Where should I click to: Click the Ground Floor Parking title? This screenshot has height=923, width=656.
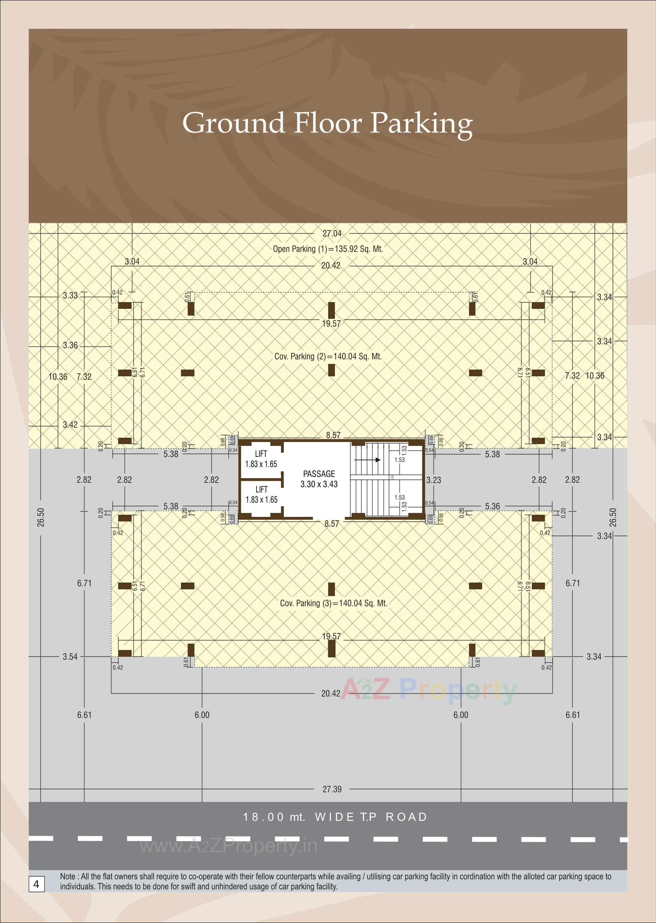(327, 123)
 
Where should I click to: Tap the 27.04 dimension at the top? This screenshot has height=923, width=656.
(332, 233)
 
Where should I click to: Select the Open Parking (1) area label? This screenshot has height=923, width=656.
(327, 249)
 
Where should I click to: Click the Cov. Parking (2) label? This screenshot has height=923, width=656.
(327, 356)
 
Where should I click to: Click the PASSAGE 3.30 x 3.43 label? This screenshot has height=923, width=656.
(319, 479)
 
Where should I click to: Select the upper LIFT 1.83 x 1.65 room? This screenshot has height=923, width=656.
(261, 459)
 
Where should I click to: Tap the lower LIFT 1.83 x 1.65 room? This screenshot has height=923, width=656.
(261, 495)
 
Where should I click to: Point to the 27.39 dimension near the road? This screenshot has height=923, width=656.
(332, 789)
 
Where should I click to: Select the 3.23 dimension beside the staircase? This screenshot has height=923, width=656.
(434, 480)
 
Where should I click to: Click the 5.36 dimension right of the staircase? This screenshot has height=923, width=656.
(492, 506)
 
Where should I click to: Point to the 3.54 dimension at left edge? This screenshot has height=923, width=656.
(70, 657)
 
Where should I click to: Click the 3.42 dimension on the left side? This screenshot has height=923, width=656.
(70, 425)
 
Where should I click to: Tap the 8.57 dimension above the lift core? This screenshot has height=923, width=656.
(333, 435)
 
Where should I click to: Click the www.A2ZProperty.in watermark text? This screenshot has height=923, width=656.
(228, 846)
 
